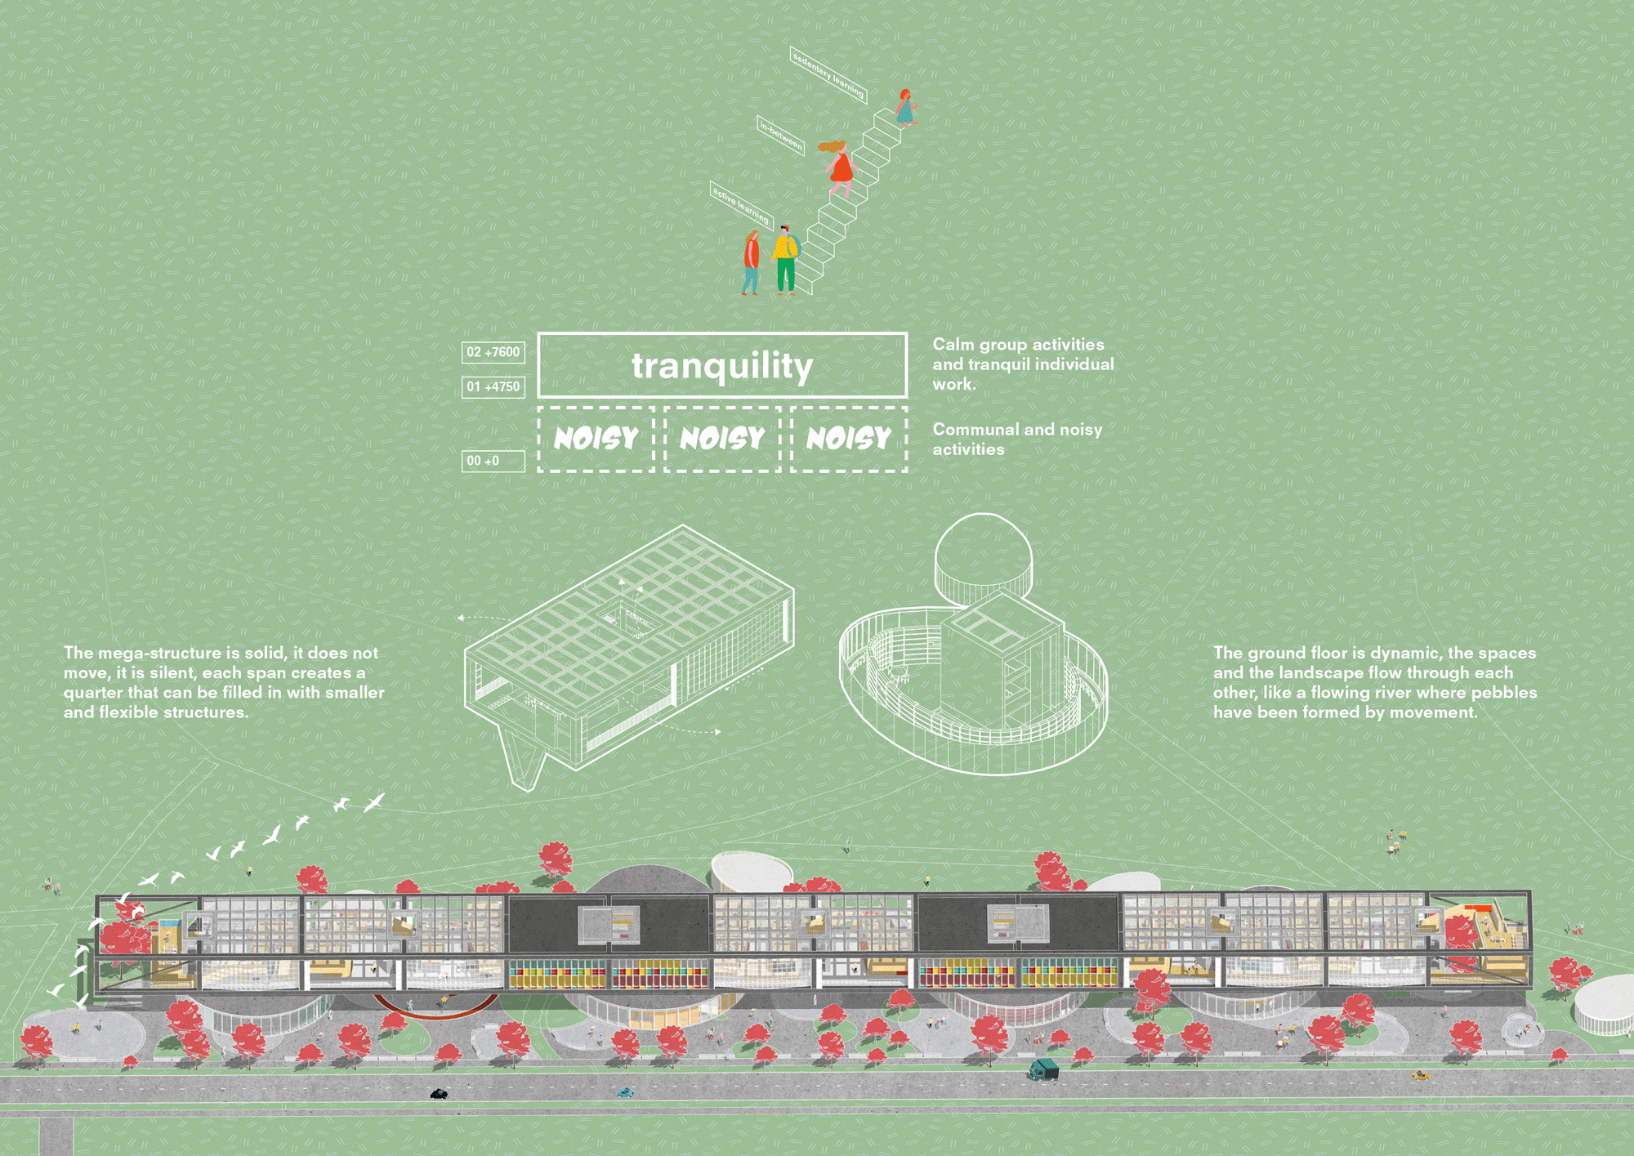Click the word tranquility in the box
[x=722, y=366]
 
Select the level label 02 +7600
[x=493, y=352]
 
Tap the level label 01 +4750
[x=493, y=386]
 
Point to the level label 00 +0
[x=493, y=461]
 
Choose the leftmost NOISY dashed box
[x=596, y=439]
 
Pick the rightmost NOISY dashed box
[x=849, y=439]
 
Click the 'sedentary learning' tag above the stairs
[x=827, y=74]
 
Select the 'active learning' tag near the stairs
[x=741, y=205]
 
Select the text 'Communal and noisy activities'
[x=1017, y=439]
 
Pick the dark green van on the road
[x=1043, y=1069]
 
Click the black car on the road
[x=439, y=1093]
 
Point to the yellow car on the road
[x=1421, y=1076]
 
